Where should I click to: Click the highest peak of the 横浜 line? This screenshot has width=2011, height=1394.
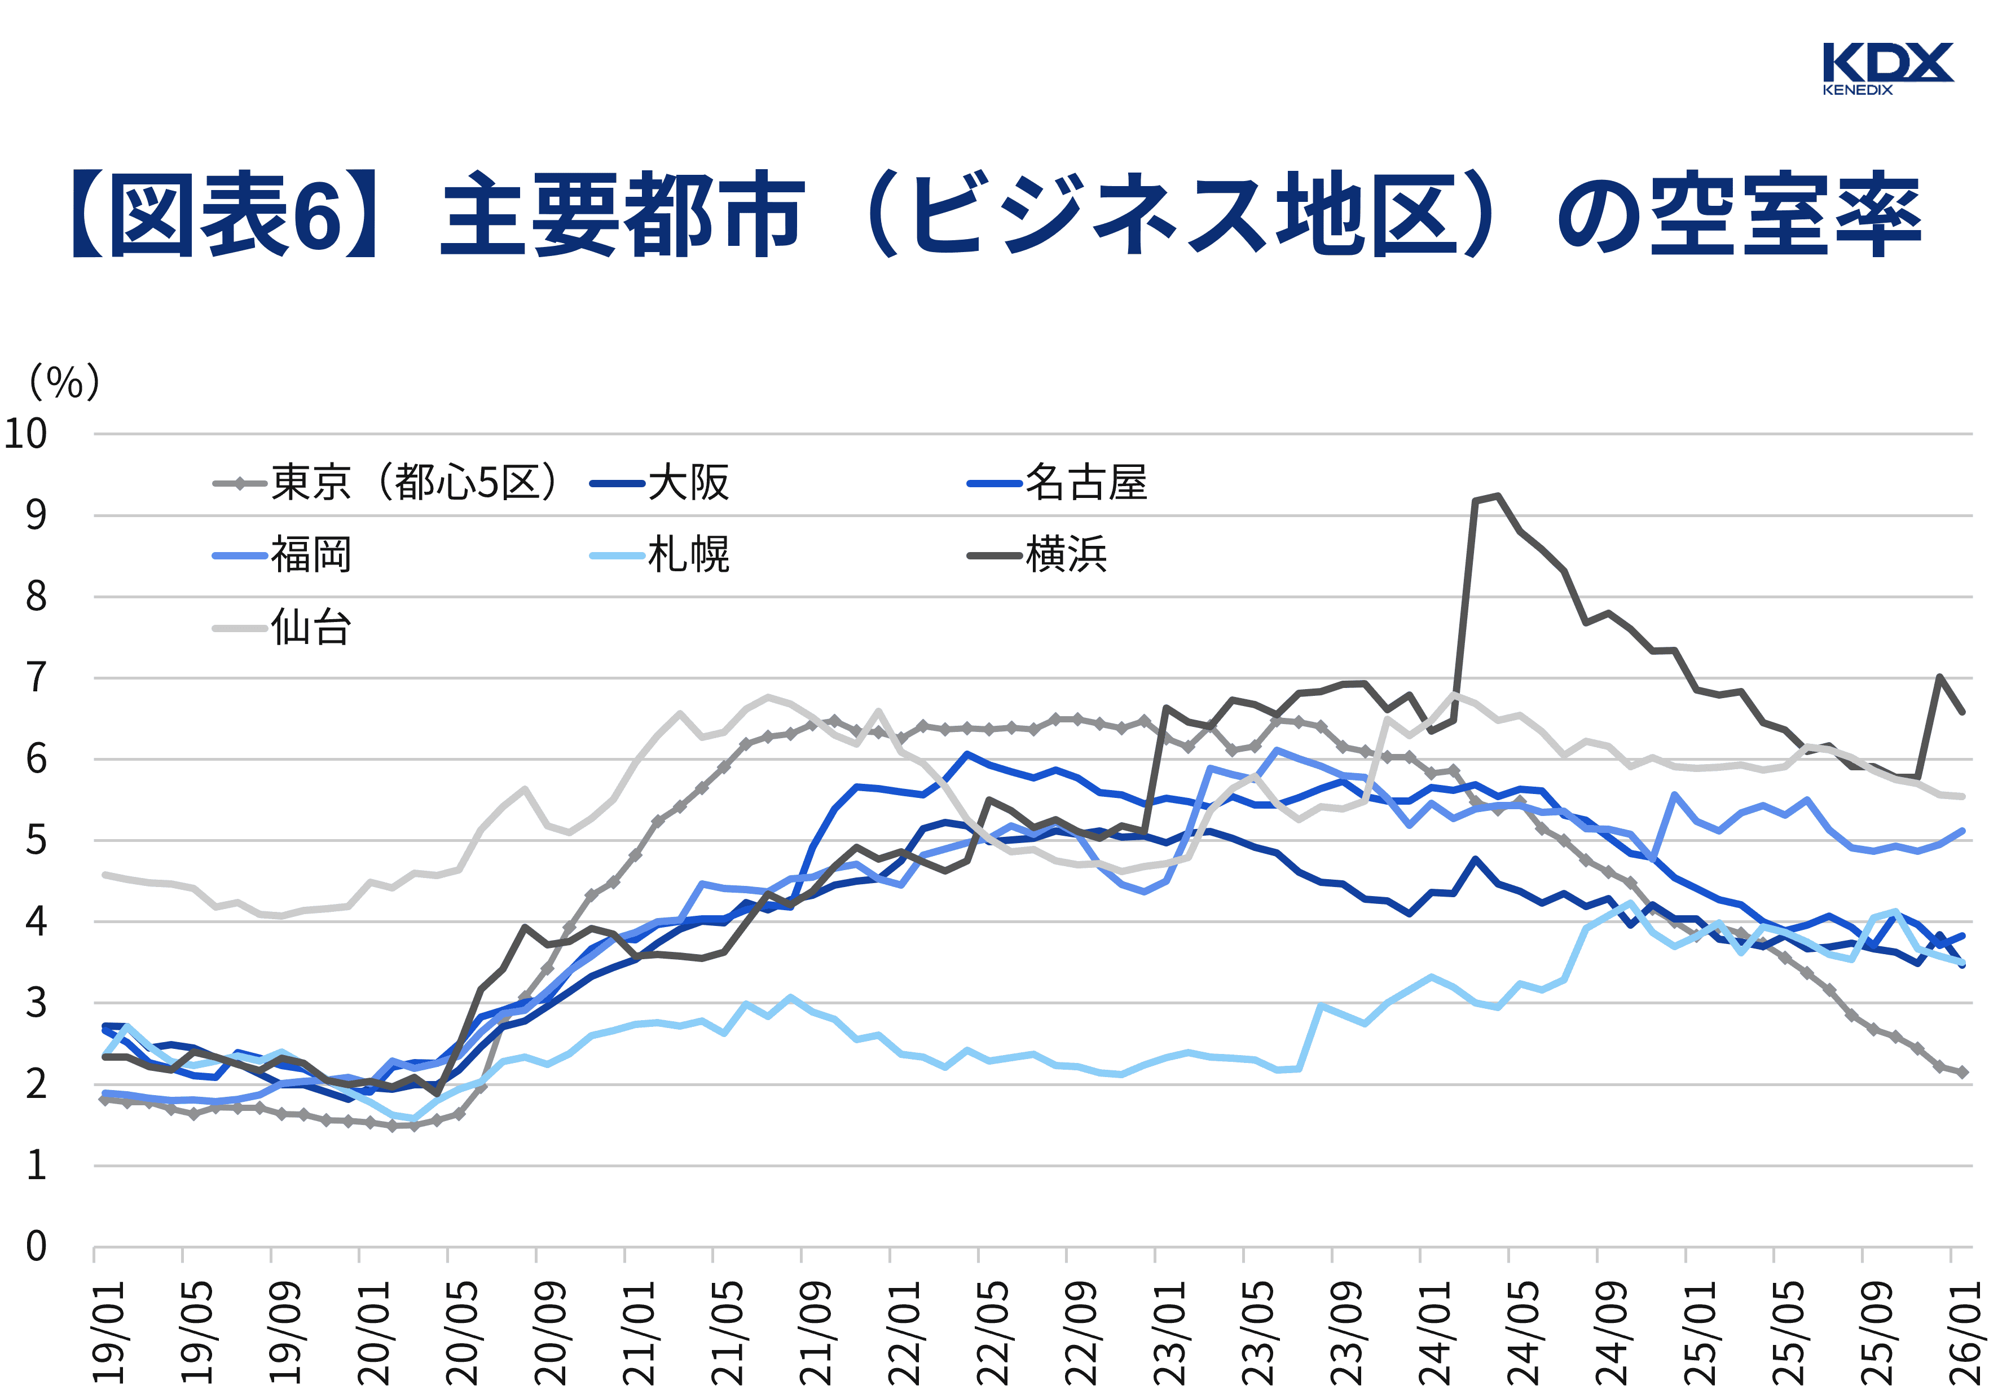coord(1497,496)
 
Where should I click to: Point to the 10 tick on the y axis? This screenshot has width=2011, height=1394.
coord(26,433)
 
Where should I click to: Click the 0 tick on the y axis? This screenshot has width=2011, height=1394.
coord(36,1246)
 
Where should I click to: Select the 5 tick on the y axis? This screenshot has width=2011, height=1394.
coord(36,840)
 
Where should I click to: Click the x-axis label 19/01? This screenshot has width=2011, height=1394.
coord(109,1332)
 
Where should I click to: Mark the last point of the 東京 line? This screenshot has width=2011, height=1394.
coord(1962,1071)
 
